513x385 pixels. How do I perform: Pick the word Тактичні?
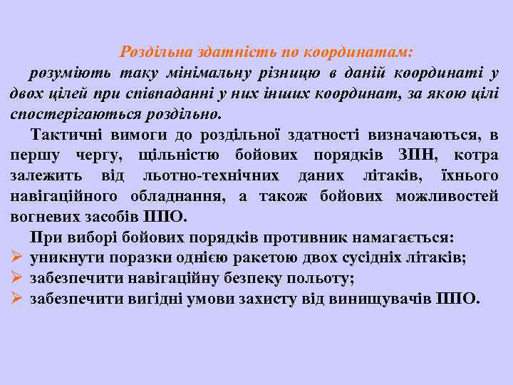[61, 135]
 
